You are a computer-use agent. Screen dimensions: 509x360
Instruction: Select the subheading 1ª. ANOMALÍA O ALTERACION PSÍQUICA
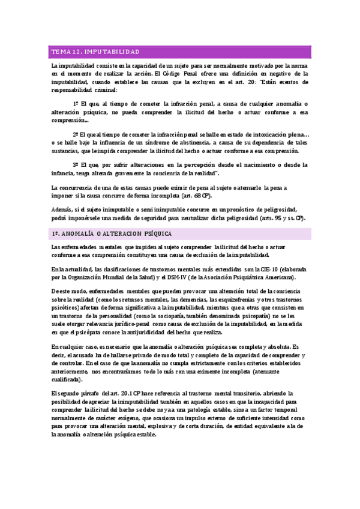click(111, 233)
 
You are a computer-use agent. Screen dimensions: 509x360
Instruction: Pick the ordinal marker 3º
click(77, 164)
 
